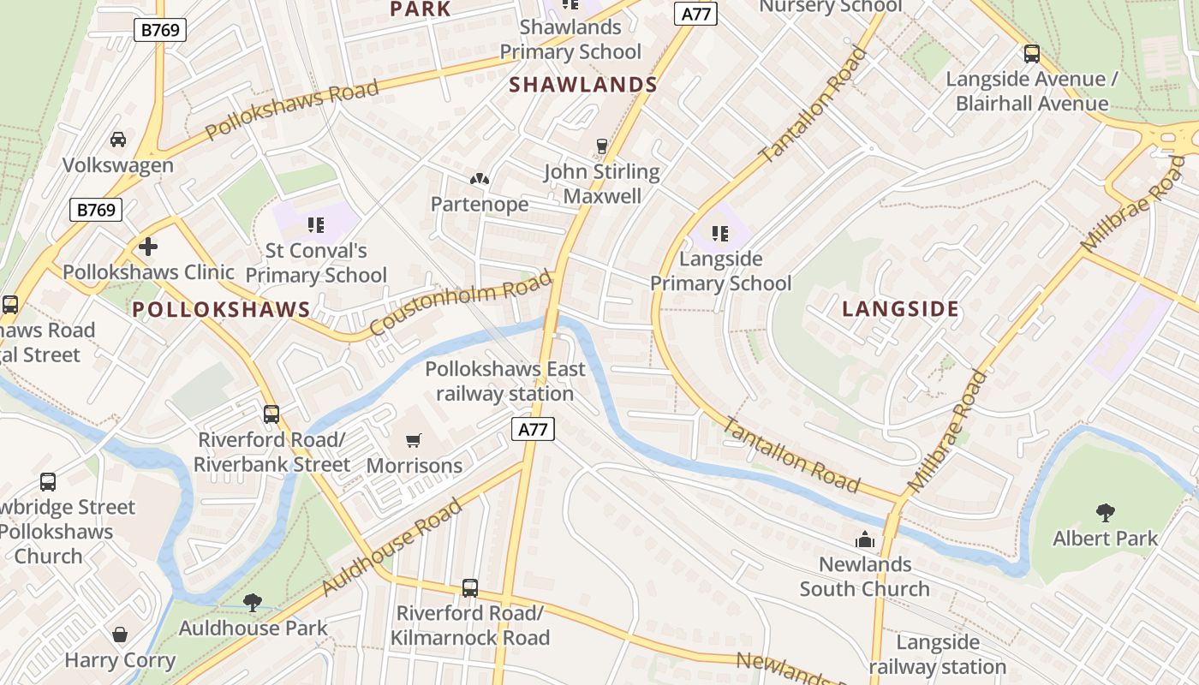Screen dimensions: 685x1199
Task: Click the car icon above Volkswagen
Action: pyautogui.click(x=118, y=140)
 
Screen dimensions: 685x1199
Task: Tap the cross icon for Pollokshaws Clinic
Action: pyautogui.click(x=148, y=247)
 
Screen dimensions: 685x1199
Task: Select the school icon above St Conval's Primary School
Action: pyautogui.click(x=315, y=225)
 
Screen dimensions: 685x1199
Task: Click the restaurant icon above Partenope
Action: pyautogui.click(x=480, y=179)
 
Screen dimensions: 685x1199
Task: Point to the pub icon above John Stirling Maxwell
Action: pyautogui.click(x=602, y=146)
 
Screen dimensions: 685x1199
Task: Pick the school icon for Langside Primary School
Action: pyautogui.click(x=719, y=233)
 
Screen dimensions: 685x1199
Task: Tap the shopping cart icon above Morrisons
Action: pyautogui.click(x=414, y=441)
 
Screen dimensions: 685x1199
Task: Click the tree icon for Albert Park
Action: pyautogui.click(x=1105, y=513)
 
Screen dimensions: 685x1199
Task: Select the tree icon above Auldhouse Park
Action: pyautogui.click(x=253, y=603)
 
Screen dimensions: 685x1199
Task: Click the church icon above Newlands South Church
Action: pyautogui.click(x=865, y=539)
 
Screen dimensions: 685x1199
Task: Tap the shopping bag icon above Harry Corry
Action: pyautogui.click(x=120, y=634)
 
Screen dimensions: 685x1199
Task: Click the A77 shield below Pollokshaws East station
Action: pyautogui.click(x=533, y=429)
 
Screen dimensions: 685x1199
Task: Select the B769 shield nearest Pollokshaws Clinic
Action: pyautogui.click(x=96, y=210)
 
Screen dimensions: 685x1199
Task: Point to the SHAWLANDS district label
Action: pyautogui.click(x=583, y=85)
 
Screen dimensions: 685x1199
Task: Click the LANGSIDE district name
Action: pyautogui.click(x=900, y=309)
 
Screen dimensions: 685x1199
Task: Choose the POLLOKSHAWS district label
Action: pyautogui.click(x=222, y=310)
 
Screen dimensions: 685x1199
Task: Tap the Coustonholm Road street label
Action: pyautogui.click(x=460, y=305)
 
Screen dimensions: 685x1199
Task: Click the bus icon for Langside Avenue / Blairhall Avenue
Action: pyautogui.click(x=1031, y=54)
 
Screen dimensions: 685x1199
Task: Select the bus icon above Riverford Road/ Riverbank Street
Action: pyautogui.click(x=271, y=414)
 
